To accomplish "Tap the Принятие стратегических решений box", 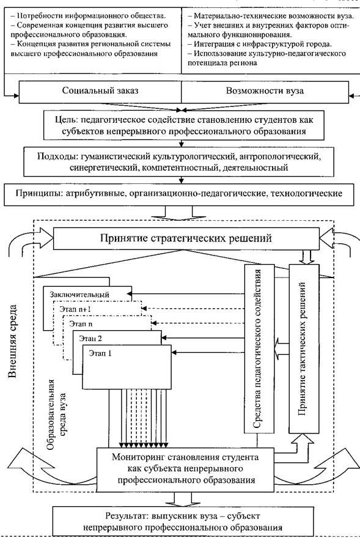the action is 186,238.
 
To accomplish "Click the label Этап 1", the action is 100,353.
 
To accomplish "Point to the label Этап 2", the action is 90,338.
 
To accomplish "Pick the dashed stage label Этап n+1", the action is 75,309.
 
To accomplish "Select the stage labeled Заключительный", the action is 79,294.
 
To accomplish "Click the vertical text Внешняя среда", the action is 12,341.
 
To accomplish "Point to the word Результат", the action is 127,516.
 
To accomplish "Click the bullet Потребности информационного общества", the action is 88,15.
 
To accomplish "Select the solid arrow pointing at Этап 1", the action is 208,352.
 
